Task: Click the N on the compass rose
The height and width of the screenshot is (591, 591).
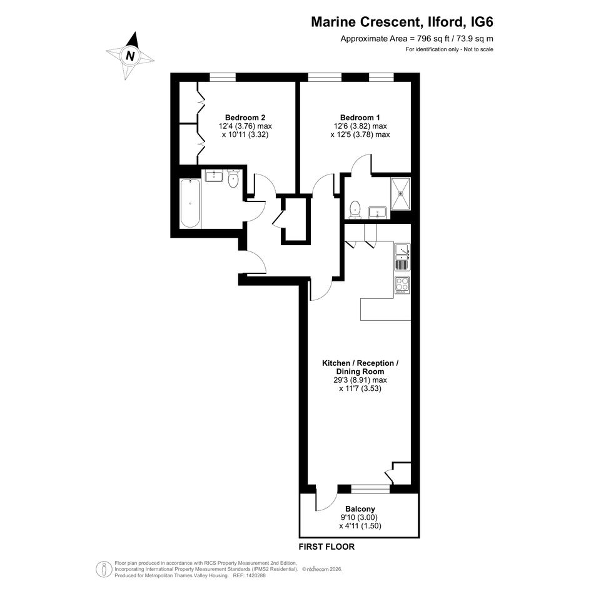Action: (x=131, y=56)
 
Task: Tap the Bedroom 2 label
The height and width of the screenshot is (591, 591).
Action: (x=245, y=117)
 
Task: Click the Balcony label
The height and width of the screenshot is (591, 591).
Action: (x=360, y=509)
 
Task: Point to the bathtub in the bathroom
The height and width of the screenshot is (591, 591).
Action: (x=190, y=203)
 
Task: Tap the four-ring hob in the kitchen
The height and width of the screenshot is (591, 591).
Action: (x=402, y=285)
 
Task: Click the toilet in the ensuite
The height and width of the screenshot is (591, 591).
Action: (x=355, y=210)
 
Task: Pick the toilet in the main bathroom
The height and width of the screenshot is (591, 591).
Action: (x=234, y=179)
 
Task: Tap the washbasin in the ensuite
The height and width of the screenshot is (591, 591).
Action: (x=378, y=213)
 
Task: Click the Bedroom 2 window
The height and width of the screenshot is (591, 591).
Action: (x=223, y=78)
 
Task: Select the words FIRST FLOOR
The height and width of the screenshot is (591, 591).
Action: (x=326, y=547)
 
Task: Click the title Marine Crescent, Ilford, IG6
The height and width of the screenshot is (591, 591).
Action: (x=402, y=23)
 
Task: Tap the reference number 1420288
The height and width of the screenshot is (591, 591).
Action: (x=255, y=575)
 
